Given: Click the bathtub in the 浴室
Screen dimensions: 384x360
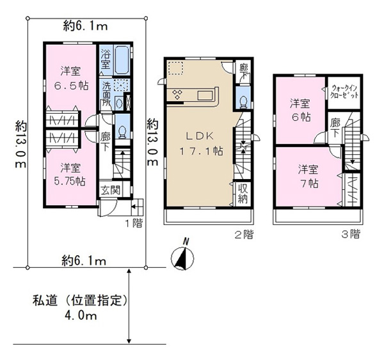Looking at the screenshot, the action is (x=122, y=60).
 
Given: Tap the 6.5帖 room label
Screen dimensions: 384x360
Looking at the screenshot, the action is (x=71, y=79).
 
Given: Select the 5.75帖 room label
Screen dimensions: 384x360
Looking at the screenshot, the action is (x=70, y=175).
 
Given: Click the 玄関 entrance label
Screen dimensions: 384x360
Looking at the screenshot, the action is (x=111, y=190).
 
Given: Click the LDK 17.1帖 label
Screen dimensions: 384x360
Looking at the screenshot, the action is (x=201, y=144).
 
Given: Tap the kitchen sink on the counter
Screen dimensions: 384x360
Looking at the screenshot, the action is (x=205, y=95).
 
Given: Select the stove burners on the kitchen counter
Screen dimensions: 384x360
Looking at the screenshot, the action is (x=177, y=95).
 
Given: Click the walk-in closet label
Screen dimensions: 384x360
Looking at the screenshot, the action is (x=344, y=91).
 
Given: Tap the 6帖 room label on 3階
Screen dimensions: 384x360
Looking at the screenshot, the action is (x=300, y=110).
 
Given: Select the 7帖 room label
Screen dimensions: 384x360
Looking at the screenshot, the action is (x=308, y=176).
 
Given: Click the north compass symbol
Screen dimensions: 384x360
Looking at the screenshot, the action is (x=182, y=256).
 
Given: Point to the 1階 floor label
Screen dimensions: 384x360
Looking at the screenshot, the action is (x=134, y=223).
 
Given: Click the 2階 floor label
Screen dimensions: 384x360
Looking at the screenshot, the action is (x=244, y=235).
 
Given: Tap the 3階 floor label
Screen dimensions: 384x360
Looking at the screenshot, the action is (x=351, y=234).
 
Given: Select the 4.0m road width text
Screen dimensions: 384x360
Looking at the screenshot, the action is (x=81, y=316).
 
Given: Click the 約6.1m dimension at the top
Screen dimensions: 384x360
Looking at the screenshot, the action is (x=85, y=26).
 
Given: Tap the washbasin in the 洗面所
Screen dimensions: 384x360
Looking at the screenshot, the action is (x=119, y=104).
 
